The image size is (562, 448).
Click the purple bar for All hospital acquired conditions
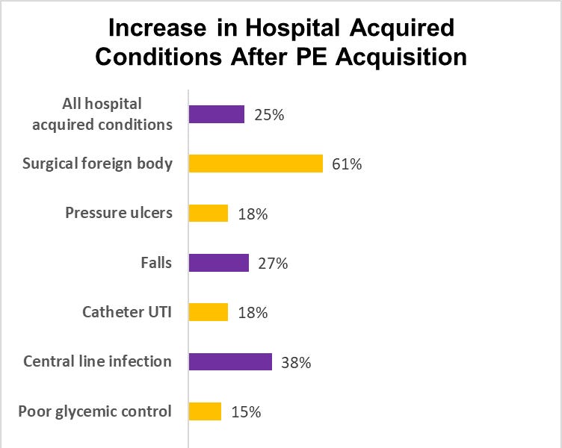tap(217, 114)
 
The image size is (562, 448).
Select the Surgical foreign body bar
tap(256, 164)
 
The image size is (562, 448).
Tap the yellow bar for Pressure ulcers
tap(209, 213)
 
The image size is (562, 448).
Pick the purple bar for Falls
tap(219, 263)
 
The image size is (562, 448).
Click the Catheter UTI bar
tap(209, 312)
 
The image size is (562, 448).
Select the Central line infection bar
tap(230, 362)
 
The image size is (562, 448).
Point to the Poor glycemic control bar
tap(206, 411)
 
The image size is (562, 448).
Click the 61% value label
tap(348, 164)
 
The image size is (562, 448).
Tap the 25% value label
tap(269, 115)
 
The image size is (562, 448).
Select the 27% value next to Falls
tap(273, 264)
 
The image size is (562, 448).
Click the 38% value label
tap(296, 363)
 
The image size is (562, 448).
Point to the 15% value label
tap(246, 412)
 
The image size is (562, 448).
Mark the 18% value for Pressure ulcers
tap(252, 214)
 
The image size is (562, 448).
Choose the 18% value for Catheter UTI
tap(252, 313)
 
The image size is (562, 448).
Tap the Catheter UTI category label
tap(127, 312)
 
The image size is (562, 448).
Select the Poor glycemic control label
tap(95, 411)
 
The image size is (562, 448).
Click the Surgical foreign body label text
tap(98, 164)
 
